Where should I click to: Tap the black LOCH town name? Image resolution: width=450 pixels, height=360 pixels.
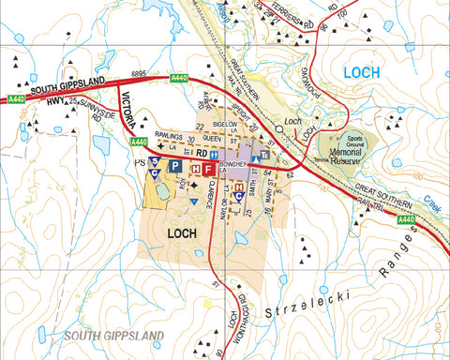[184, 233]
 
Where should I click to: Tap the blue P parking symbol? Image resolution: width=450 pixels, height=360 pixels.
[173, 166]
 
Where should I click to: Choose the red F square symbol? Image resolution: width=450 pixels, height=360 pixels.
[209, 168]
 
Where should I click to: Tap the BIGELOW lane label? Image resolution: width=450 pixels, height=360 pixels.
[226, 123]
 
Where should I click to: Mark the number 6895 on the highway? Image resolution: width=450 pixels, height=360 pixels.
[141, 76]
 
